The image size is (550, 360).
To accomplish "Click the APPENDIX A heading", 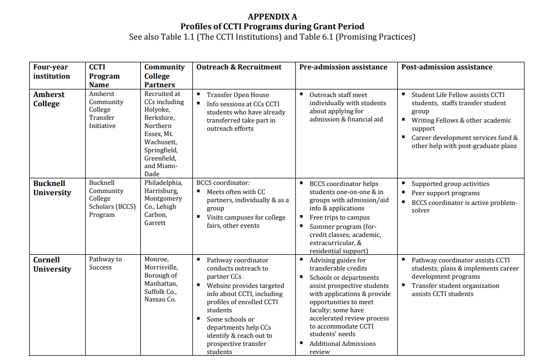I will pos(272,17).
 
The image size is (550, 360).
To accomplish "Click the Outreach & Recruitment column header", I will pos(239,67).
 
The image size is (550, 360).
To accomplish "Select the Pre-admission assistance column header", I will pos(343,67).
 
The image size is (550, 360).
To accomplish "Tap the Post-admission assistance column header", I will pos(447,67).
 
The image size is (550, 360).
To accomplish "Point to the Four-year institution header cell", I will pos(51,72).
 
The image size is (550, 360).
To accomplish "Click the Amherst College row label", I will pos(49,99).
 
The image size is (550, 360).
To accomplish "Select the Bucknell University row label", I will pos(52,188).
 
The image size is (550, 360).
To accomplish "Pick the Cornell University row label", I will pos(52,264).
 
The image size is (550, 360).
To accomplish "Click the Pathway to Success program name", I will pos(105,263).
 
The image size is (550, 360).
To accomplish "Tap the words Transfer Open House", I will pos(237,95).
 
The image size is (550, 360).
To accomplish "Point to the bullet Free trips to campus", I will pos(339,217).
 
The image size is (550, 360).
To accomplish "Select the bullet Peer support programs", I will pos(445,193).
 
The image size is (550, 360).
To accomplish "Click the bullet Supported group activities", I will pos(450,184).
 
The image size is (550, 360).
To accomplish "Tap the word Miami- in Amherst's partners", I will pos(161,166).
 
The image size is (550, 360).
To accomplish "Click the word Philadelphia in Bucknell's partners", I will pos(163,183).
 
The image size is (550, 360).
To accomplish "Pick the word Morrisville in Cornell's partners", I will pos(161,267).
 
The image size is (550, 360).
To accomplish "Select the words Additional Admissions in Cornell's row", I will pos(342,344).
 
